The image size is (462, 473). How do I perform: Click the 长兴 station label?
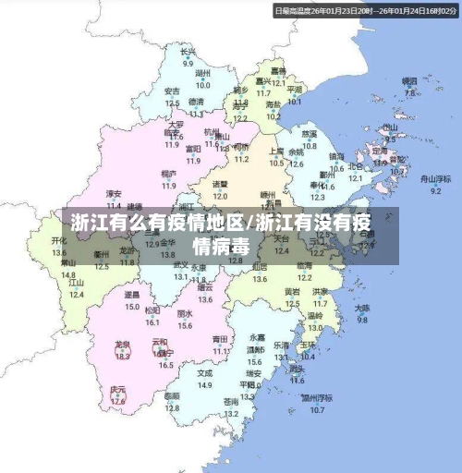188,52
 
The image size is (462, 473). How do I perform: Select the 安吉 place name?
172,91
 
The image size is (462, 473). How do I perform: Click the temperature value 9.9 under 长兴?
188,64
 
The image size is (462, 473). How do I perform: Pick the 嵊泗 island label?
409,80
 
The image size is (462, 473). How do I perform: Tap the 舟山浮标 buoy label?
436,178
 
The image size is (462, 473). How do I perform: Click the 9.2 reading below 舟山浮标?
435,190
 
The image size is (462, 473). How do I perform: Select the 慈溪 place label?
309,133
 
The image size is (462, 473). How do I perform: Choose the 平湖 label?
294,90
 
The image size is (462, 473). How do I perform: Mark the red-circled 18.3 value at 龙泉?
122,356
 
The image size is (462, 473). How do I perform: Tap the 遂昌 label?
132,295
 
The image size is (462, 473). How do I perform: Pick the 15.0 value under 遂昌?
132,306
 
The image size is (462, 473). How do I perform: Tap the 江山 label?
77,283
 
